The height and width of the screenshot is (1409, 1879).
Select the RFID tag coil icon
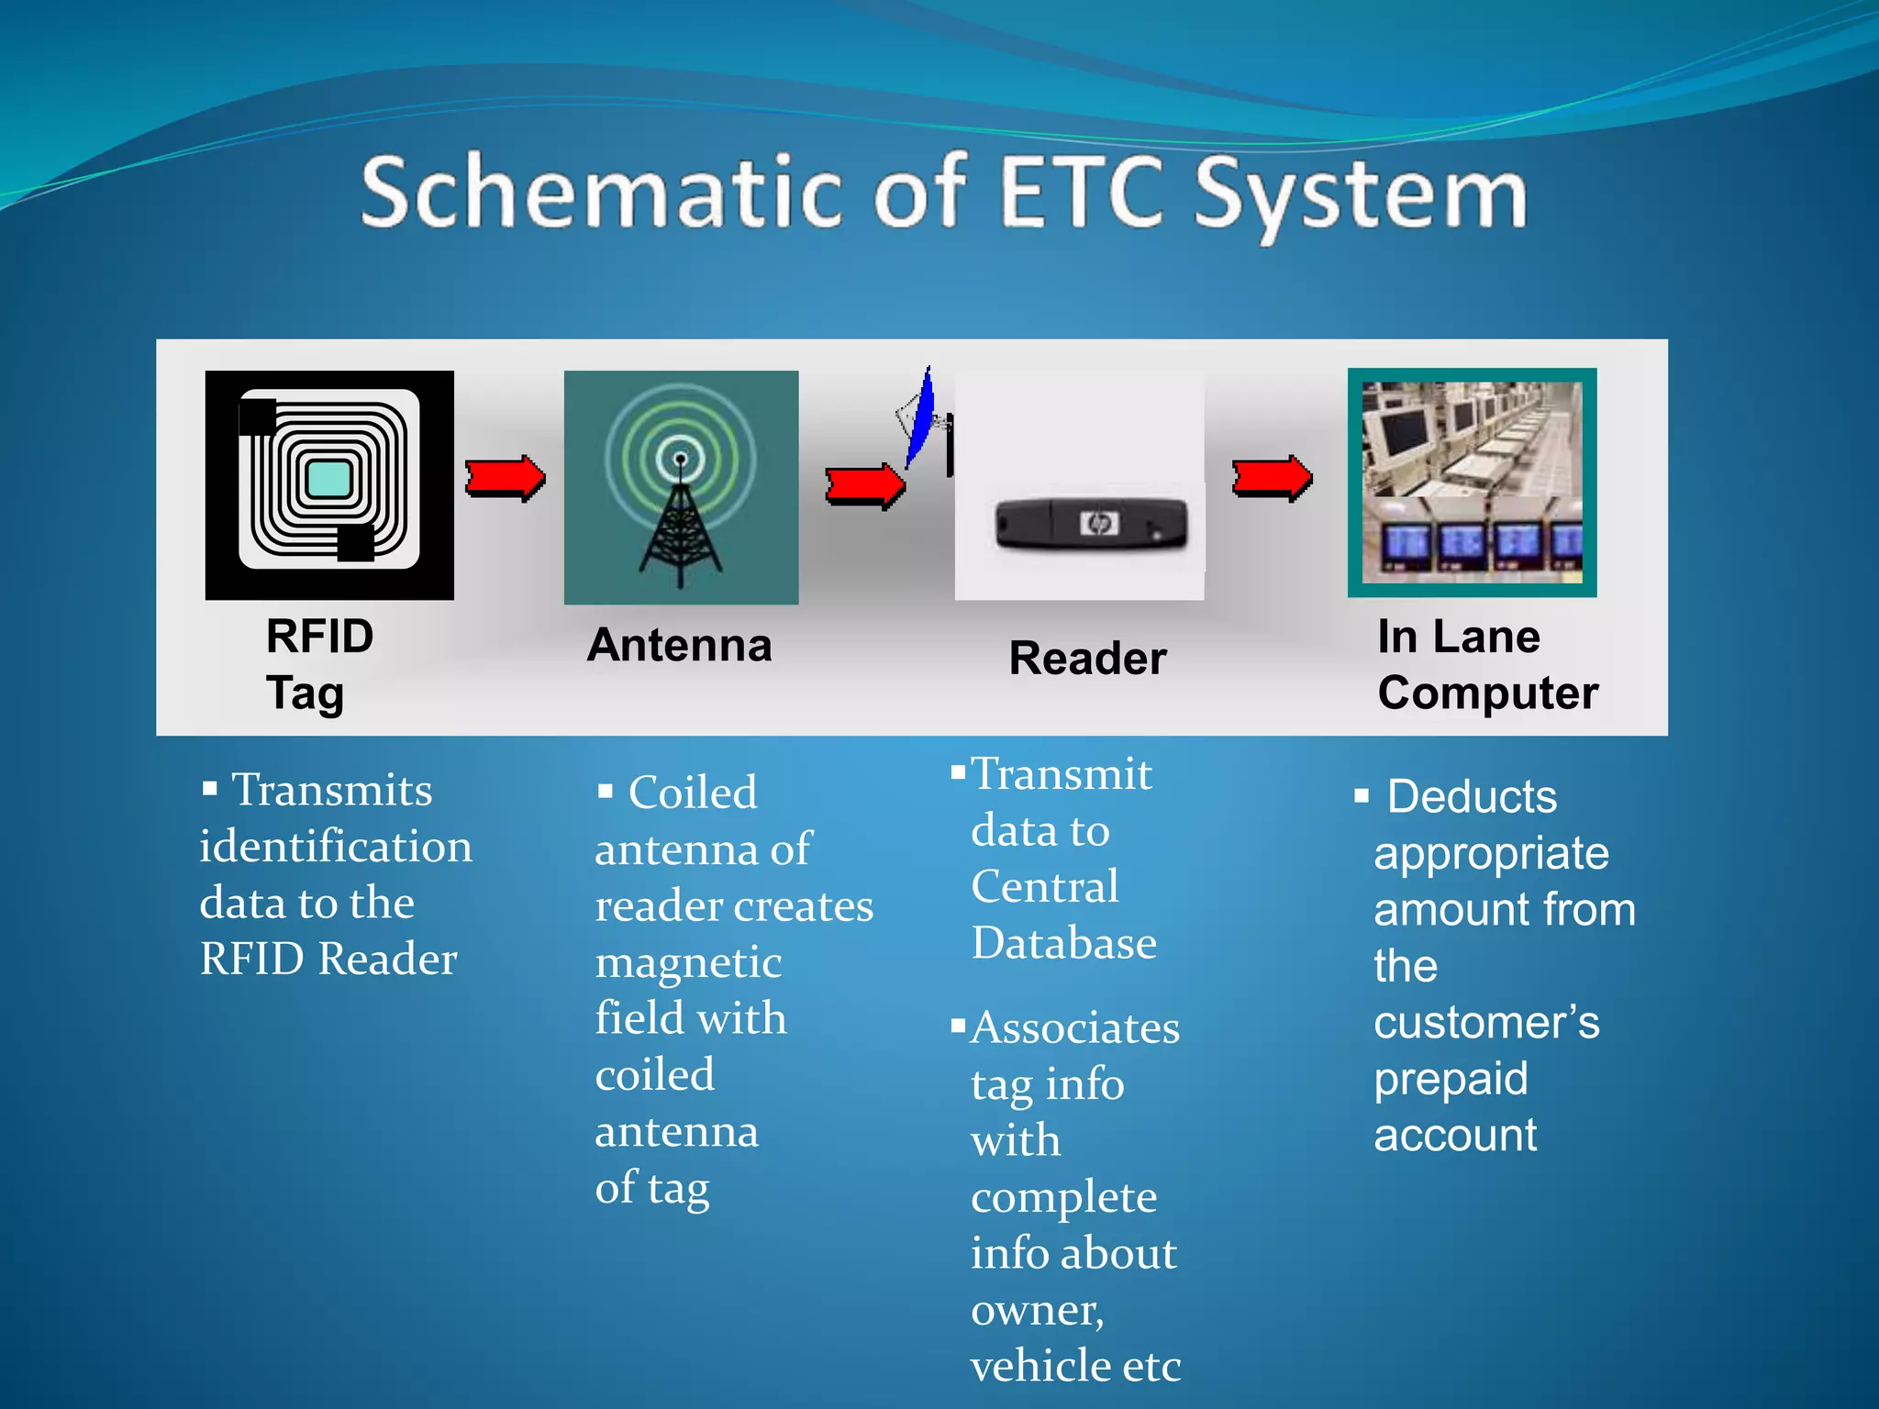(x=329, y=484)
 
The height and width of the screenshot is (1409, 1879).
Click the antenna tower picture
(x=681, y=487)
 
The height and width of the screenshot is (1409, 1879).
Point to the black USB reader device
(x=1092, y=524)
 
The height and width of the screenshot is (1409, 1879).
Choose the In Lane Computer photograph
(x=1472, y=483)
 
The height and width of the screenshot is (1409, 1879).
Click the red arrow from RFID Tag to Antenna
(x=505, y=478)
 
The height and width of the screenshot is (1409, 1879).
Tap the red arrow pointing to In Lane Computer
(x=1272, y=478)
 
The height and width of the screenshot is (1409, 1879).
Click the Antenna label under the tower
(x=680, y=645)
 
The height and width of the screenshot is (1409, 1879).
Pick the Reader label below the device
(x=1087, y=659)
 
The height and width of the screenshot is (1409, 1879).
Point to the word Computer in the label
(x=1487, y=693)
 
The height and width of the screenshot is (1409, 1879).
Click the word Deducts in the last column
(x=1472, y=796)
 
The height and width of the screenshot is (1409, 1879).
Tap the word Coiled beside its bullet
(x=693, y=793)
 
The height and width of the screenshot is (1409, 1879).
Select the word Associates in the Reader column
(x=1075, y=1028)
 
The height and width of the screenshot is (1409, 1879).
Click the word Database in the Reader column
(x=1064, y=943)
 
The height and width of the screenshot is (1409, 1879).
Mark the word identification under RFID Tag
(x=336, y=847)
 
